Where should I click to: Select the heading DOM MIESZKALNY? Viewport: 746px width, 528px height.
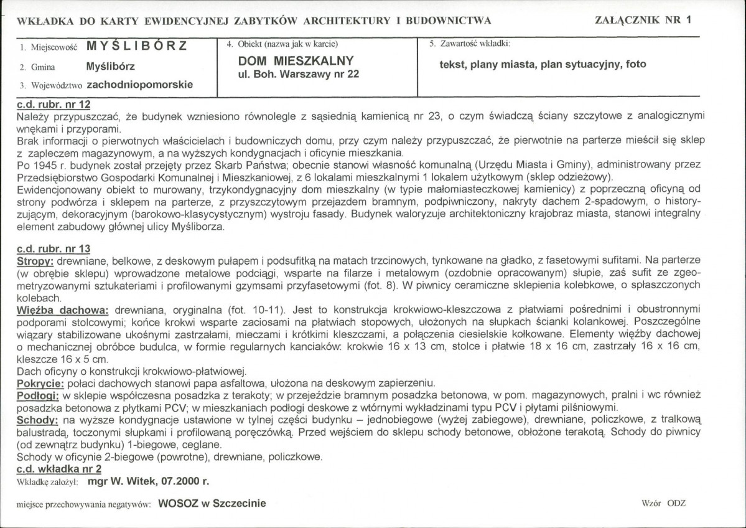click(296, 60)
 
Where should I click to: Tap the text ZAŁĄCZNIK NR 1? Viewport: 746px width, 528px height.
click(643, 19)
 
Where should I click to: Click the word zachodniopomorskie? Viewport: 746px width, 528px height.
click(140, 83)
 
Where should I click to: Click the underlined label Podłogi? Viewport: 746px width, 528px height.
click(39, 395)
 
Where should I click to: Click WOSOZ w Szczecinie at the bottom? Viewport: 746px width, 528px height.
click(212, 503)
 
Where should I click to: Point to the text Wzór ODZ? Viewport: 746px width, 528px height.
click(663, 503)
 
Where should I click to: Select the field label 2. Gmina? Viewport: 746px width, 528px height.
click(37, 67)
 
